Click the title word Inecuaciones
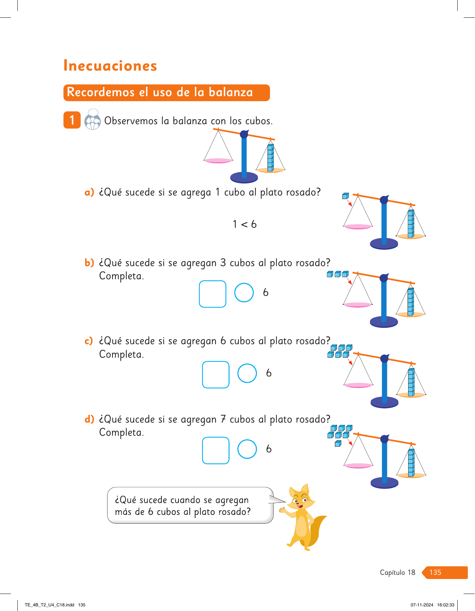click(x=110, y=66)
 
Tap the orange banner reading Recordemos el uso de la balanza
click(x=166, y=93)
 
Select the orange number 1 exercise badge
click(x=72, y=120)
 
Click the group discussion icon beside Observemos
click(x=93, y=120)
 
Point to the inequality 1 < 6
click(x=244, y=224)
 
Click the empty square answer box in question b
click(x=212, y=294)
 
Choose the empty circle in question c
click(x=247, y=373)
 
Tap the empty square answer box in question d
click(x=216, y=450)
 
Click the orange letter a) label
click(x=89, y=192)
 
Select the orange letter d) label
click(x=89, y=419)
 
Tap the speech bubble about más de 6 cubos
click(x=190, y=505)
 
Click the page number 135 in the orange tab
click(x=435, y=572)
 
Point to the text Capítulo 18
click(x=397, y=572)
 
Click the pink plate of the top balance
click(x=218, y=161)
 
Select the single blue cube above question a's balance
click(x=346, y=196)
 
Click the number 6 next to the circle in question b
click(x=266, y=292)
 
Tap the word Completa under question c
click(x=121, y=354)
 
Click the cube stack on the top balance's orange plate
click(x=271, y=158)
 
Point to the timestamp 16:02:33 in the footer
click(x=446, y=605)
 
